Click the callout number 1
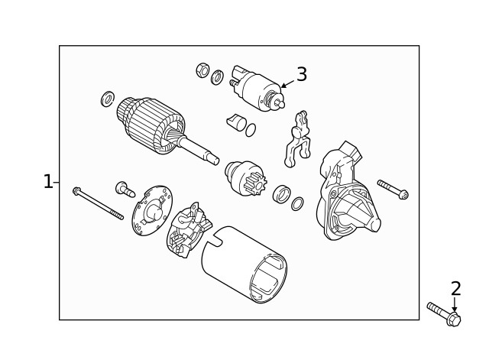[x=47, y=182]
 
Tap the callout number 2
[x=455, y=289]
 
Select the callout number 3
[x=302, y=75]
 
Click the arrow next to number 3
[x=286, y=83]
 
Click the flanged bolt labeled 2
[x=444, y=314]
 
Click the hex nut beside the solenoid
[x=202, y=70]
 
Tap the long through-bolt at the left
[x=98, y=203]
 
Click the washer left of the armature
[x=108, y=99]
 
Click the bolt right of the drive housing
[x=393, y=190]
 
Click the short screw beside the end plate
[x=124, y=188]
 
